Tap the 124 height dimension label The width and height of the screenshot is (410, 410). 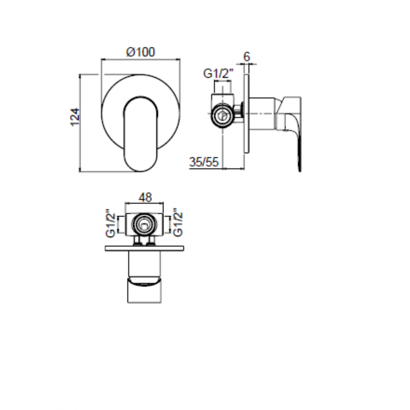pyautogui.click(x=75, y=117)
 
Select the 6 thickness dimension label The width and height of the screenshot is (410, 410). pyautogui.click(x=246, y=57)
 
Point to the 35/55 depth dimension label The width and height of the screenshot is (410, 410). pyautogui.click(x=204, y=162)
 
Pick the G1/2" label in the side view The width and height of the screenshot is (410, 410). pyautogui.click(x=218, y=74)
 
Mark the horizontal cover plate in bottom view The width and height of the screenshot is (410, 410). pyautogui.click(x=144, y=249)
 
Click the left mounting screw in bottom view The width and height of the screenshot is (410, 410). pyautogui.click(x=138, y=241)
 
